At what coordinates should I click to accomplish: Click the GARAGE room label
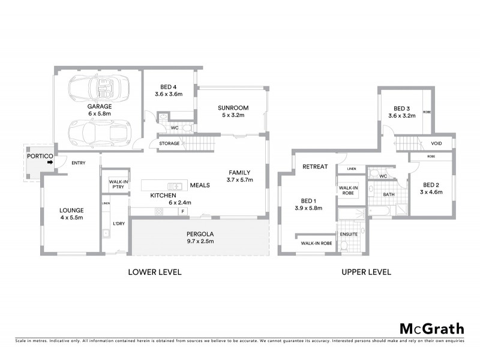pos(100,106)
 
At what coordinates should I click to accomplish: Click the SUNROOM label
pos(233,108)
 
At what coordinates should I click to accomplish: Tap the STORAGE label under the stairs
pos(169,143)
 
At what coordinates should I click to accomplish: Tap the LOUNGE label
pos(71,210)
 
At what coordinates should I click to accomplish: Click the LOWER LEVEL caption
pos(155,272)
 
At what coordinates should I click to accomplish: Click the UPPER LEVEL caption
pos(366,272)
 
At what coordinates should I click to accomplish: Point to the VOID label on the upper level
pos(437,144)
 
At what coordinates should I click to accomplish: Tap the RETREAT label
pos(314,166)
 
